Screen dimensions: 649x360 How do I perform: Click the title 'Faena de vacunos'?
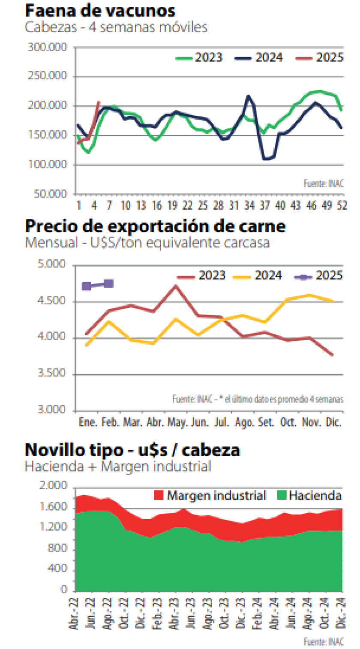pyautogui.click(x=100, y=10)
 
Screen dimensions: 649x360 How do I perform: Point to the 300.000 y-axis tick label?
pyautogui.click(x=48, y=47)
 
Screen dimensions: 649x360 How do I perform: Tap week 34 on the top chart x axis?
pyautogui.click(x=248, y=205)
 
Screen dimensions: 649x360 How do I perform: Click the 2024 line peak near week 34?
pyautogui.click(x=248, y=96)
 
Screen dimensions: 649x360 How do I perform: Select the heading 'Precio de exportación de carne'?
pyautogui.click(x=155, y=225)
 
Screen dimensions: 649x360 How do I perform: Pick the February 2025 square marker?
pyautogui.click(x=108, y=283)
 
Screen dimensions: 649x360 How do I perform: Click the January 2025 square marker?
pyautogui.click(x=87, y=286)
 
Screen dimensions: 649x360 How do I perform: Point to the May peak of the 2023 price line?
pyautogui.click(x=176, y=286)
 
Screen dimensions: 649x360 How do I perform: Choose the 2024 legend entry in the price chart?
pyautogui.click(x=257, y=276)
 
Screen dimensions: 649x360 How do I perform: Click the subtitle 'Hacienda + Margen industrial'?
pyautogui.click(x=118, y=466)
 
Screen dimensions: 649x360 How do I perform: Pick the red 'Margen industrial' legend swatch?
pyautogui.click(x=159, y=496)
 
